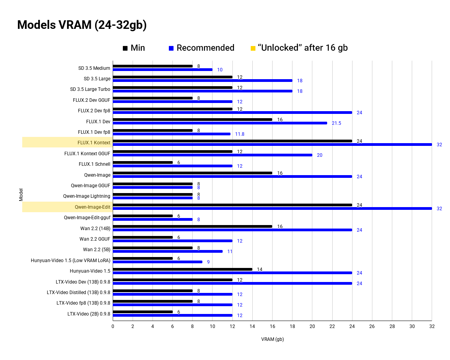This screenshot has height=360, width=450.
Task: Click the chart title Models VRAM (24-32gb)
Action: tap(82, 25)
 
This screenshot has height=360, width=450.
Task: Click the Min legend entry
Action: tap(134, 48)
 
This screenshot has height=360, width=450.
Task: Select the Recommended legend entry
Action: tap(201, 48)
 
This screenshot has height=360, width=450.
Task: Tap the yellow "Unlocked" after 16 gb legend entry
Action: tap(299, 48)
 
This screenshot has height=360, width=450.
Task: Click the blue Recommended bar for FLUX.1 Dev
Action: tap(220, 123)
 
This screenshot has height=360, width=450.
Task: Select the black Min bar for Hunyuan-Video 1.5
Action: tap(182, 269)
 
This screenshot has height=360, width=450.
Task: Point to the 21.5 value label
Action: tap(336, 123)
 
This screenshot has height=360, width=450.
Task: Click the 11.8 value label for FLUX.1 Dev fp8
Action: tap(239, 134)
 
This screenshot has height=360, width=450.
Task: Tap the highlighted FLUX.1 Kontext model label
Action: tap(94, 143)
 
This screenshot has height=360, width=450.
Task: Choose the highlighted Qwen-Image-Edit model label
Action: tap(92, 207)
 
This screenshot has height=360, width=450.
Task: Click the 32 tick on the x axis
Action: tap(432, 326)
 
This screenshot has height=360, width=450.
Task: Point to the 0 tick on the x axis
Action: tap(113, 326)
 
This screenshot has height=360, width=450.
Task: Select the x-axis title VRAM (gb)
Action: tap(272, 339)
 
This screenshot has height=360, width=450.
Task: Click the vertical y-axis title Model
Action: tap(21, 195)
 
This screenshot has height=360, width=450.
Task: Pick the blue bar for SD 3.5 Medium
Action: tap(163, 69)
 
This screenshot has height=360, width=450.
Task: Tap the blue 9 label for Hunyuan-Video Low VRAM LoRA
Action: tap(208, 262)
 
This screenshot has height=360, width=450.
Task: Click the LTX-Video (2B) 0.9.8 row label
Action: tap(89, 313)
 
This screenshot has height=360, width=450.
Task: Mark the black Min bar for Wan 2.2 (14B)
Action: tap(192, 226)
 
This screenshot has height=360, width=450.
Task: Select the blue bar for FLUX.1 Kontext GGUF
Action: tap(213, 155)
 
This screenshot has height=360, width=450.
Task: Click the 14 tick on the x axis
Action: tap(252, 326)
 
